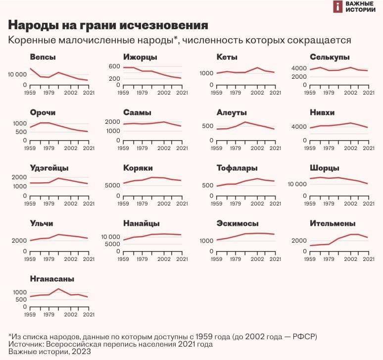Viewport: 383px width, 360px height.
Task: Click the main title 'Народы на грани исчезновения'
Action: [x=108, y=25]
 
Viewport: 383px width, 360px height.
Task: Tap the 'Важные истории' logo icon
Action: [x=337, y=6]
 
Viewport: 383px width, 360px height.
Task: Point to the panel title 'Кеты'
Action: [x=227, y=57]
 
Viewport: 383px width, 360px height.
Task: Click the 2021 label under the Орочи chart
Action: [x=89, y=148]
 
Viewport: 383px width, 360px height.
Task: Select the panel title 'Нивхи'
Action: [x=323, y=113]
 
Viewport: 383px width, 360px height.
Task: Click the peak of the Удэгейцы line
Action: [x=58, y=178]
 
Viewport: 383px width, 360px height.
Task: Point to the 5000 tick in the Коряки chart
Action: [x=113, y=185]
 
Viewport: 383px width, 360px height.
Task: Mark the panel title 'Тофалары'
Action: [x=237, y=168]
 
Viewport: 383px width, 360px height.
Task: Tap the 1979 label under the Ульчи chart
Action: [x=48, y=258]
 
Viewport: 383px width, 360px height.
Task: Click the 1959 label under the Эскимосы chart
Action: [x=216, y=258]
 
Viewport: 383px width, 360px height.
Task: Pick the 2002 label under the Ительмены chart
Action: [x=351, y=258]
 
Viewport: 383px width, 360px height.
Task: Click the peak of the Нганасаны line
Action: [x=58, y=289]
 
